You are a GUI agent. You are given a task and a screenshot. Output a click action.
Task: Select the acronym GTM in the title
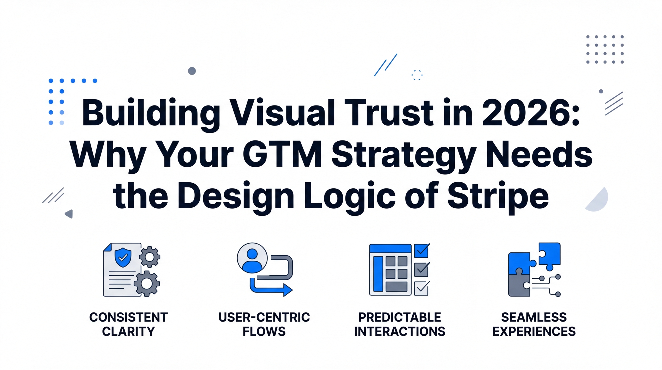282,155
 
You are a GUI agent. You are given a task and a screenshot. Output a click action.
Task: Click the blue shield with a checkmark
123,257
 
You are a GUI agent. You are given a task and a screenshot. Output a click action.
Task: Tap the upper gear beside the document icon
150,257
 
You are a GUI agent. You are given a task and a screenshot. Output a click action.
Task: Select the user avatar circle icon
252,258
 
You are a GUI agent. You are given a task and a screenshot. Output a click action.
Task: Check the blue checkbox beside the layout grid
421,250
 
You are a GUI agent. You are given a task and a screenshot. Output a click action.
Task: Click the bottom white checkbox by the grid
421,288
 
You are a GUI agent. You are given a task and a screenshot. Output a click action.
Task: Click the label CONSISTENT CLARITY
128,324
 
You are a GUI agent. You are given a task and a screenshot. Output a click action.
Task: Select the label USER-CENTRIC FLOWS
264,324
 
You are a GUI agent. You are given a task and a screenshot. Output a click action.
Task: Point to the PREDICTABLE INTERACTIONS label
400,324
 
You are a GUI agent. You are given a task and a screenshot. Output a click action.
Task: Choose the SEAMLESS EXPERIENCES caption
534,324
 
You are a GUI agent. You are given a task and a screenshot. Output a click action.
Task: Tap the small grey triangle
69,214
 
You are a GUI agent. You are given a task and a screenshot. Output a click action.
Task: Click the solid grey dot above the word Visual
192,71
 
